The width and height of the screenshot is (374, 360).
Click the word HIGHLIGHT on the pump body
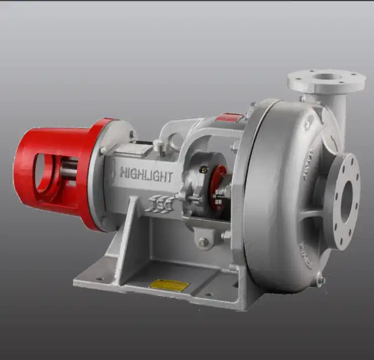pos(146,175)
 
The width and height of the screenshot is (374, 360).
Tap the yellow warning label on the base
pos(169,285)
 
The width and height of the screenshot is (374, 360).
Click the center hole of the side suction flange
pos(346,202)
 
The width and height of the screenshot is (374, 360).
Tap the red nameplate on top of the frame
pos(229,117)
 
